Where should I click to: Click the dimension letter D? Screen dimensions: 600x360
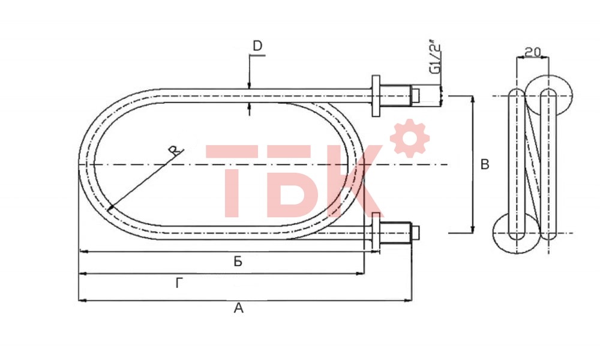tap(257, 46)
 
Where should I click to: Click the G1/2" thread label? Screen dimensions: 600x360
tap(435, 56)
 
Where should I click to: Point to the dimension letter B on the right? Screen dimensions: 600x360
tap(484, 164)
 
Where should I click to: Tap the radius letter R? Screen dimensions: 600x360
tap(175, 150)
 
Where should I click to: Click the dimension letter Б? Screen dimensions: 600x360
tap(238, 262)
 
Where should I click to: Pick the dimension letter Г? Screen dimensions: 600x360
tap(179, 283)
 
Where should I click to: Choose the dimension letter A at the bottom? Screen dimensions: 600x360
tap(238, 308)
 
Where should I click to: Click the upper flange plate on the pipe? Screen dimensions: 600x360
tap(376, 95)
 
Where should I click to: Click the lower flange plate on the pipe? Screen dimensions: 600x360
tap(376, 233)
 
